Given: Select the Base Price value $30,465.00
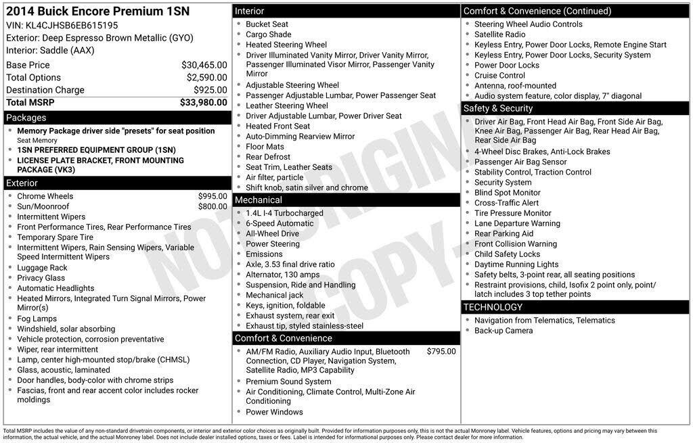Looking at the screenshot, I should coord(204,65).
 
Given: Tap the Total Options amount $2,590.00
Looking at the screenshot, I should coord(206,78).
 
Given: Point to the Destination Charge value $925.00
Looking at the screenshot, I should coord(210,90).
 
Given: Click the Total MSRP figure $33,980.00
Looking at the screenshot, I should coord(203,103).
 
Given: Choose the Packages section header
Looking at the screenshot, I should coord(26,118).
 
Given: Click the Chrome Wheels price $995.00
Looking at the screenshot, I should coord(213,196).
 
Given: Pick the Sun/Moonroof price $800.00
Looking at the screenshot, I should coord(213,206).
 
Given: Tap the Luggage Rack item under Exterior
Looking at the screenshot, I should coord(42,268).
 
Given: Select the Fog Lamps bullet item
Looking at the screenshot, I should coord(37,319).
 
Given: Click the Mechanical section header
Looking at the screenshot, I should coord(259,200).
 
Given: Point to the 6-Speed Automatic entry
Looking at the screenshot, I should coord(280,223).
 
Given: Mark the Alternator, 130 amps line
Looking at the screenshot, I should coord(282,275).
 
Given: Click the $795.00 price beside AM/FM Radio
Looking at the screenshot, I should coord(441,352).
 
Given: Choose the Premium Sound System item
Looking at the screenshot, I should coord(288,381).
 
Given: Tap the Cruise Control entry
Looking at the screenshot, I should coord(499,76).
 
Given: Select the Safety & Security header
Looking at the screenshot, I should coord(498,108).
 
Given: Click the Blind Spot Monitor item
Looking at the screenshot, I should coord(508,193).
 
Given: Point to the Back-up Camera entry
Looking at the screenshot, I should coord(504,331).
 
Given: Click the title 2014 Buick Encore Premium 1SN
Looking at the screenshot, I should coord(97,11).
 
